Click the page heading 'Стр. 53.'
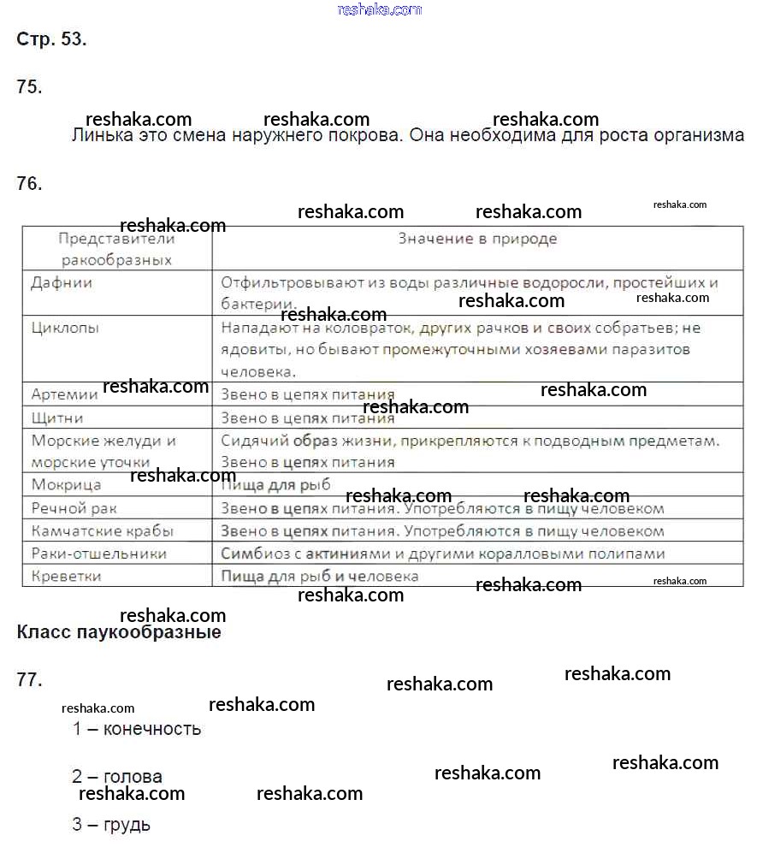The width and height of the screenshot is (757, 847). coord(51,39)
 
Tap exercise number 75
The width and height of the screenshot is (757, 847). coord(29,86)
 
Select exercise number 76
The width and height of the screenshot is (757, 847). coord(29,183)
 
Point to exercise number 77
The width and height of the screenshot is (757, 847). coord(29,680)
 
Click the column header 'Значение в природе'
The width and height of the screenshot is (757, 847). coord(477,239)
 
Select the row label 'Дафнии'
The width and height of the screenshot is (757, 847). coord(62,282)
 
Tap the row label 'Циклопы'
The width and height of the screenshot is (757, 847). coord(66,328)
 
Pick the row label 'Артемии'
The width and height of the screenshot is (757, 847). coord(65,394)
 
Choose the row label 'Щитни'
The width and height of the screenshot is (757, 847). coord(57,418)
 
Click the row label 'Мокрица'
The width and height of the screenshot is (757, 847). coord(66,485)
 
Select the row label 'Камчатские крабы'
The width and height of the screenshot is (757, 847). coord(102,530)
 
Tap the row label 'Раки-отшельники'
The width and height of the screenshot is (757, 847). coord(99,554)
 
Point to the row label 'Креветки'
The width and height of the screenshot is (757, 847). coord(67,576)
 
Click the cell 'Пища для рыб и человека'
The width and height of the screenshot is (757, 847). coord(320,576)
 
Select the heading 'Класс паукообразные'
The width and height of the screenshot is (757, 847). coord(119,633)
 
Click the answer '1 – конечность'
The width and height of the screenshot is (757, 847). coord(137,729)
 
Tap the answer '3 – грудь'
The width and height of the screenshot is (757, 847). coord(111,825)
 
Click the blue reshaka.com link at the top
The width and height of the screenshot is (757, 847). coord(380,9)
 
